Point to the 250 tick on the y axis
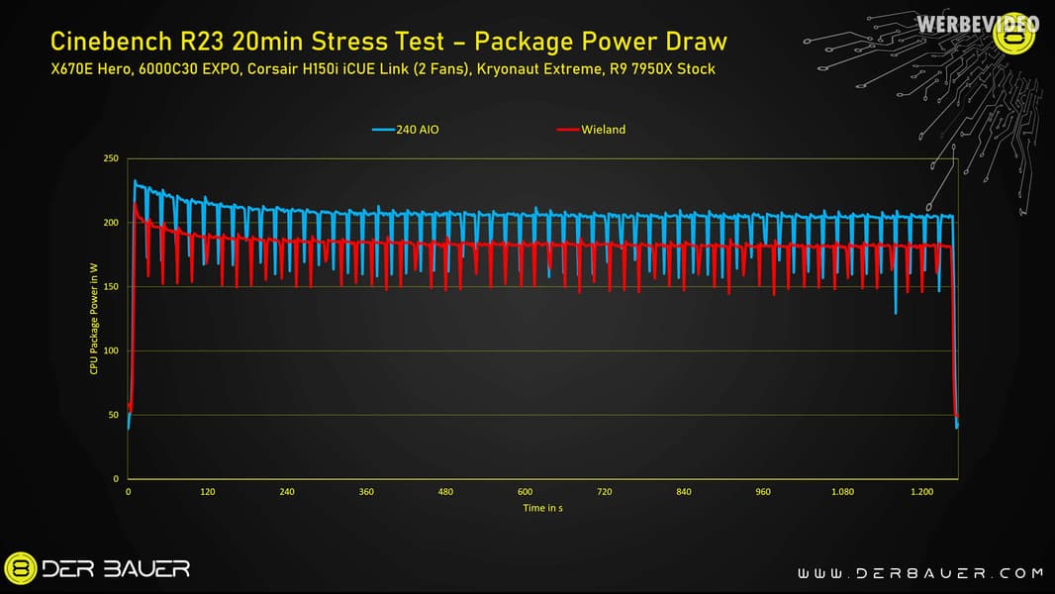click(x=111, y=158)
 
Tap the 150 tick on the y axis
click(x=111, y=287)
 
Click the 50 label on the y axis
click(x=113, y=415)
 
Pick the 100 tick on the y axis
click(x=111, y=351)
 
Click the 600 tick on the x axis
click(x=525, y=491)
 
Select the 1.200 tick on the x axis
click(x=921, y=491)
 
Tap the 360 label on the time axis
click(x=366, y=491)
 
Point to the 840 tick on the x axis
click(x=683, y=491)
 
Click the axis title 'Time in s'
click(x=543, y=508)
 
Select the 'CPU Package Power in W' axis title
click(x=92, y=319)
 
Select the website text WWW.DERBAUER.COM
click(x=920, y=572)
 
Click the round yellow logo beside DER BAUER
click(x=22, y=568)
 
